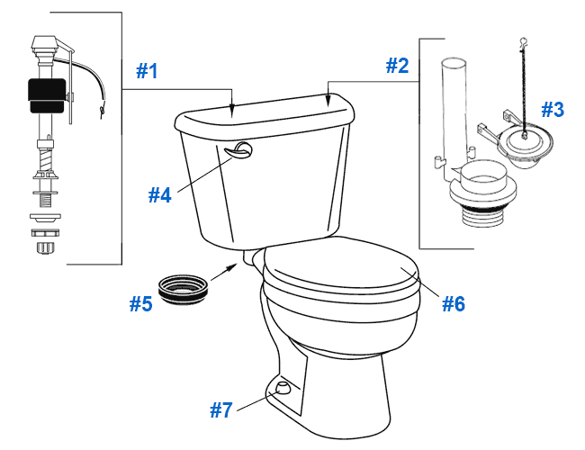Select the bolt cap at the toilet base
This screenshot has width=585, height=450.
point(283,389)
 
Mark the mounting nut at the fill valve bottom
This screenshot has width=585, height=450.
point(42,242)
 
